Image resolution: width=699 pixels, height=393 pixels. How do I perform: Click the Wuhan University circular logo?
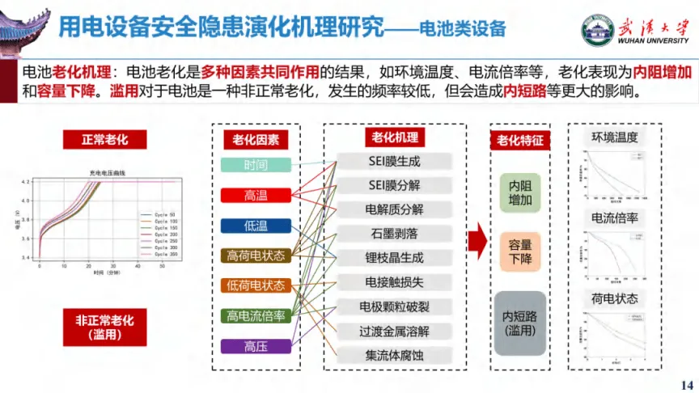pyautogui.click(x=597, y=30)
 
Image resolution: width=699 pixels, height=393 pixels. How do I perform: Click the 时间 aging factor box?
pyautogui.click(x=256, y=165)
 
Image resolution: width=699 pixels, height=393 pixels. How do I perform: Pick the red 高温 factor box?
pyautogui.click(x=256, y=195)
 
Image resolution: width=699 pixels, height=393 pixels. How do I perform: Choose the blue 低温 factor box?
pyautogui.click(x=256, y=226)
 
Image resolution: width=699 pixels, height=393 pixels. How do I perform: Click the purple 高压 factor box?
pyautogui.click(x=256, y=346)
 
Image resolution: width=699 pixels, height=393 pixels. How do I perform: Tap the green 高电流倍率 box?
pyautogui.click(x=256, y=316)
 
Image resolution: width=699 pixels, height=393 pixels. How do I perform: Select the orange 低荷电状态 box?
pyautogui.click(x=256, y=285)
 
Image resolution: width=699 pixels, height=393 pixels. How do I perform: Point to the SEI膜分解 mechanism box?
pyautogui.click(x=395, y=185)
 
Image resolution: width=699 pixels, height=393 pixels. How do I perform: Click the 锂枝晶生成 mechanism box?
pyautogui.click(x=395, y=258)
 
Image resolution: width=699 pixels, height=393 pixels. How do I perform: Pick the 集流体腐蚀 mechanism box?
pyautogui.click(x=395, y=355)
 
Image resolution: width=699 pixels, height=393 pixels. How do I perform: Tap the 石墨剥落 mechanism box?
pyautogui.click(x=395, y=234)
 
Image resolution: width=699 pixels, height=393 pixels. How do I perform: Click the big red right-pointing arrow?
pyautogui.click(x=477, y=240)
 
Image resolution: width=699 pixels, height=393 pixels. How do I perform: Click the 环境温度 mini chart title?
pyautogui.click(x=615, y=137)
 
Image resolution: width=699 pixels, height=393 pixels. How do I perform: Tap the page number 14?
pyautogui.click(x=688, y=384)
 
